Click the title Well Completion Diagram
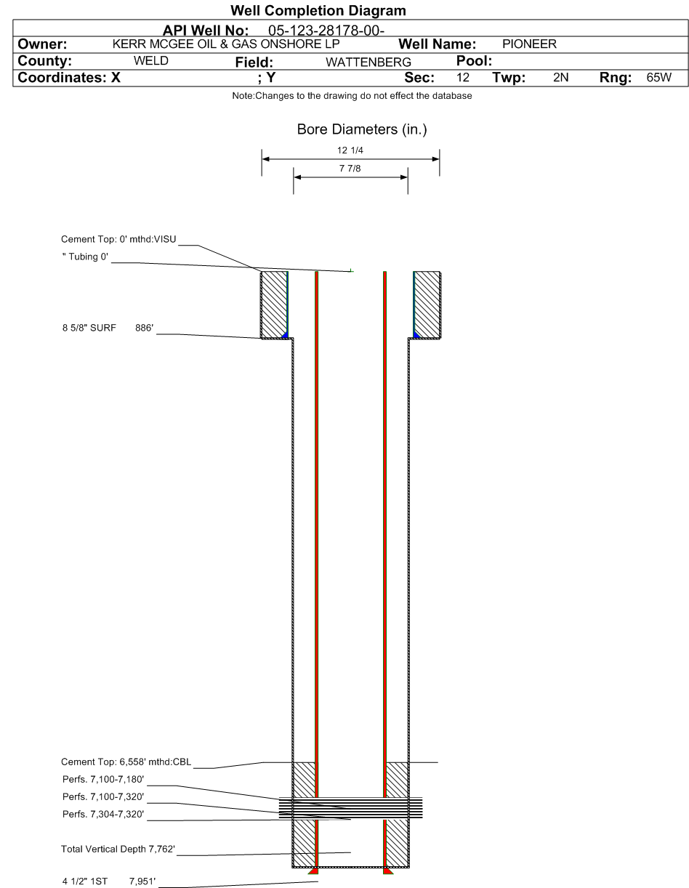point(318,11)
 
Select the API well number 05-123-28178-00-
point(326,31)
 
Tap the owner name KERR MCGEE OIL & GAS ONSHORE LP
point(226,44)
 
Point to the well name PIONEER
point(529,44)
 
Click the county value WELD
point(150,61)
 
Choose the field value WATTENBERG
point(368,62)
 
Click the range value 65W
point(658,77)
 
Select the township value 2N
point(560,77)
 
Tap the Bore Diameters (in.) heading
point(362,129)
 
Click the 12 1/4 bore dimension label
point(350,150)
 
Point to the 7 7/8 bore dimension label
point(350,169)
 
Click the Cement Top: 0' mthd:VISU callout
point(118,239)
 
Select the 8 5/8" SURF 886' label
point(108,328)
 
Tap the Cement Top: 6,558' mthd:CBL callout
point(126,762)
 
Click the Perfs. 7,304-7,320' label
point(103,814)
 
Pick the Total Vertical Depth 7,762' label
point(118,849)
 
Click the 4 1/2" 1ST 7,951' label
point(109,881)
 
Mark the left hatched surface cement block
point(274,304)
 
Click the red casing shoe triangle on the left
point(314,871)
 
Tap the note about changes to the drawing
point(352,96)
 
